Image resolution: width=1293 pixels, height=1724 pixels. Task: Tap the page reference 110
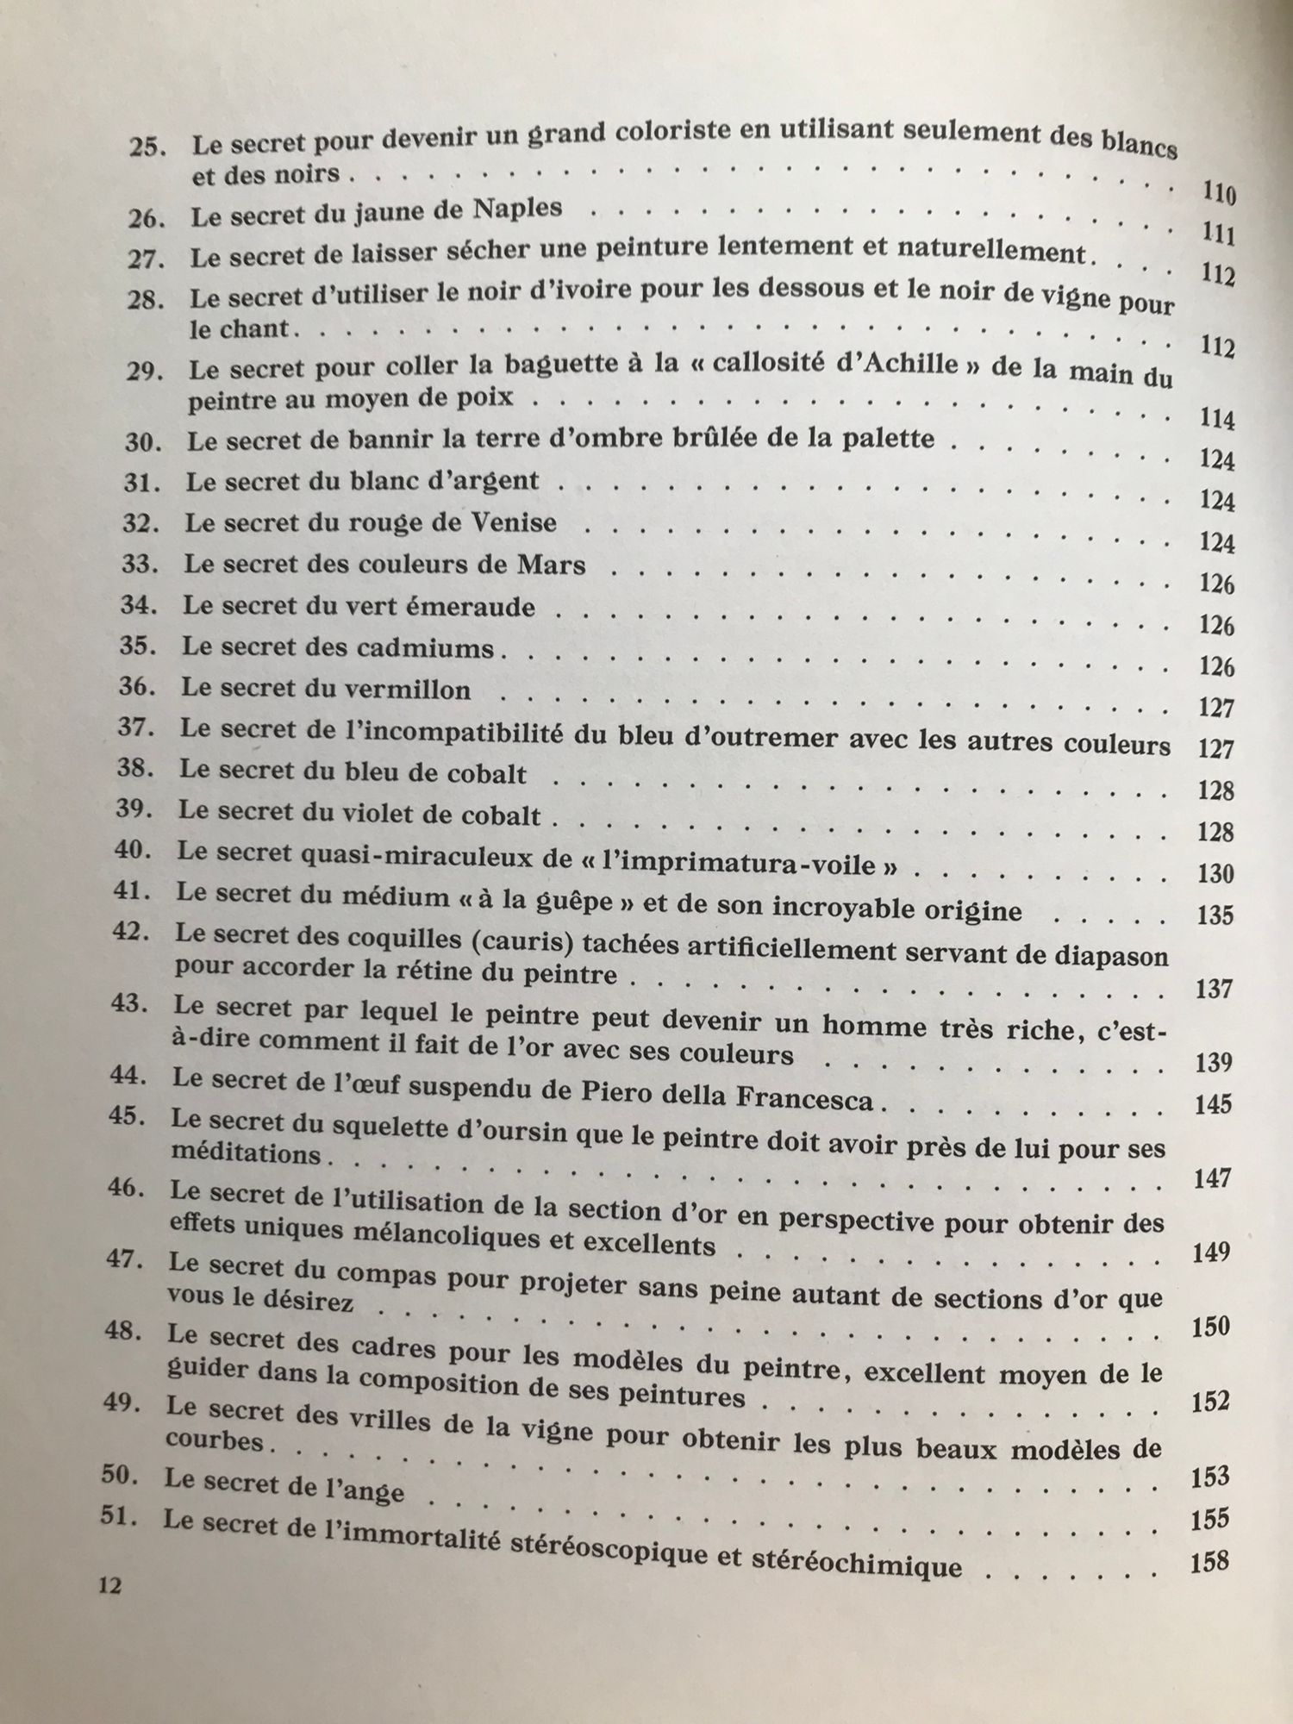point(1218,195)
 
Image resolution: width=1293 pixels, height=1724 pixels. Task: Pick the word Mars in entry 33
point(552,565)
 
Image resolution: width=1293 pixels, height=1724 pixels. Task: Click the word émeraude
point(477,607)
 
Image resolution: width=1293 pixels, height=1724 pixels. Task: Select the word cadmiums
point(436,648)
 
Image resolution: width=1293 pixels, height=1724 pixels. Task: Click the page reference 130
point(1216,874)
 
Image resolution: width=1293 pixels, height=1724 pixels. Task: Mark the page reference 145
point(1214,1103)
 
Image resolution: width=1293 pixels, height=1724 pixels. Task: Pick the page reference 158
point(1209,1561)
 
